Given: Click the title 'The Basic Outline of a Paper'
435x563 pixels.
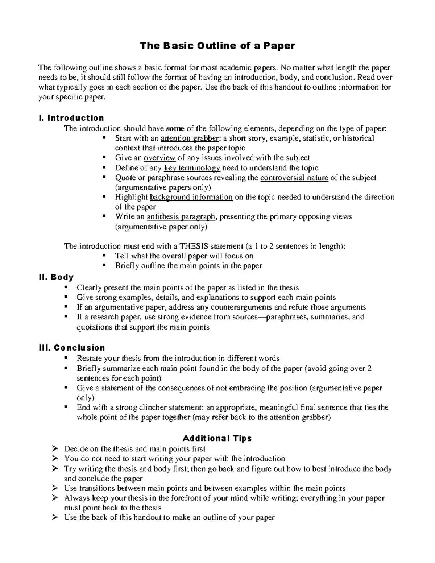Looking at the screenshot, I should pos(217,46).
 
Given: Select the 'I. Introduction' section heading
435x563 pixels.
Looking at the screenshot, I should pos(71,118).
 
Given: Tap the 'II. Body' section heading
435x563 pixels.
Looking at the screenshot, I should pos(56,277).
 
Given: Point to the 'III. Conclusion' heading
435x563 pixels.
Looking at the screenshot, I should pos(71,348).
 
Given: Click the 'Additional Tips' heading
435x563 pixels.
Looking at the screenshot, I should pos(217,438).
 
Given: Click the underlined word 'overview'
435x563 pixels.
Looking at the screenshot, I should pos(159,158).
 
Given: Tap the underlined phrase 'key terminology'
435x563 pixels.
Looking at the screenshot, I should pos(192,168).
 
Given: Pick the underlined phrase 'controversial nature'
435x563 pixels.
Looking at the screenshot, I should pos(294,178).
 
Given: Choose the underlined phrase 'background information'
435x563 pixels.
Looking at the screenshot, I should pos(191,197).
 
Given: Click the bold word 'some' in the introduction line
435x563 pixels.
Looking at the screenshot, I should pos(175,128).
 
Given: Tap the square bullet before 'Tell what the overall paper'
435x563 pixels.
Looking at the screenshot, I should pos(104,255).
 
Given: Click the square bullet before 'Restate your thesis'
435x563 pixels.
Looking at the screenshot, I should pos(66,358).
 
